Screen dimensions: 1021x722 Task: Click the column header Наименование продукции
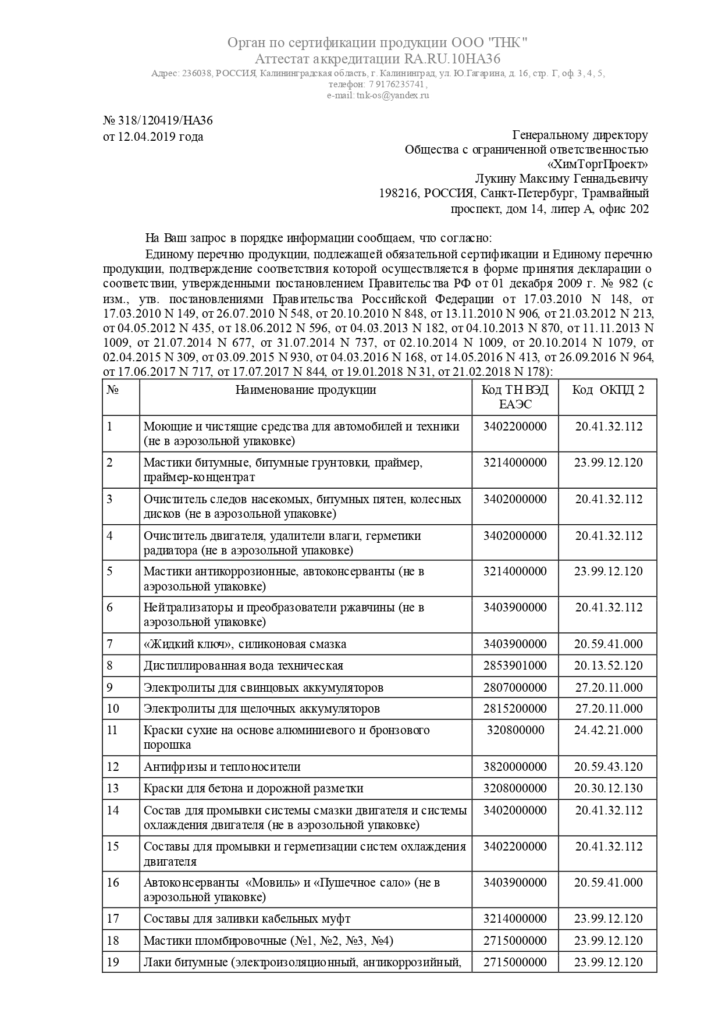pyautogui.click(x=305, y=390)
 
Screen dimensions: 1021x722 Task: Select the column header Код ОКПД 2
pyautogui.click(x=608, y=390)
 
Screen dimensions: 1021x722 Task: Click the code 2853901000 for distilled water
pyautogui.click(x=515, y=666)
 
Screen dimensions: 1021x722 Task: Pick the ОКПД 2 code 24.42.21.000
pyautogui.click(x=608, y=730)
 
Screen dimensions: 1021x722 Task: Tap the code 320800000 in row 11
pyautogui.click(x=515, y=730)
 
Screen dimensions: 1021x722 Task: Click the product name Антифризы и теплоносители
pyautogui.click(x=222, y=767)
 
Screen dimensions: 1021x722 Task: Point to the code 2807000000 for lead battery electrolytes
pyautogui.click(x=515, y=687)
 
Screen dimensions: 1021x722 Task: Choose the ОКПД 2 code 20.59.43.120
pyautogui.click(x=608, y=767)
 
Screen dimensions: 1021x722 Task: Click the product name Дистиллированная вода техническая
pyautogui.click(x=243, y=666)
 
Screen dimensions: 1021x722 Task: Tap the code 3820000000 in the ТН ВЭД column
pyautogui.click(x=515, y=767)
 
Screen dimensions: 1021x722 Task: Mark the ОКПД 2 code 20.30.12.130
pyautogui.click(x=608, y=788)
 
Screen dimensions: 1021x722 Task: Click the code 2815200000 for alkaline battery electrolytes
pyautogui.click(x=515, y=709)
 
